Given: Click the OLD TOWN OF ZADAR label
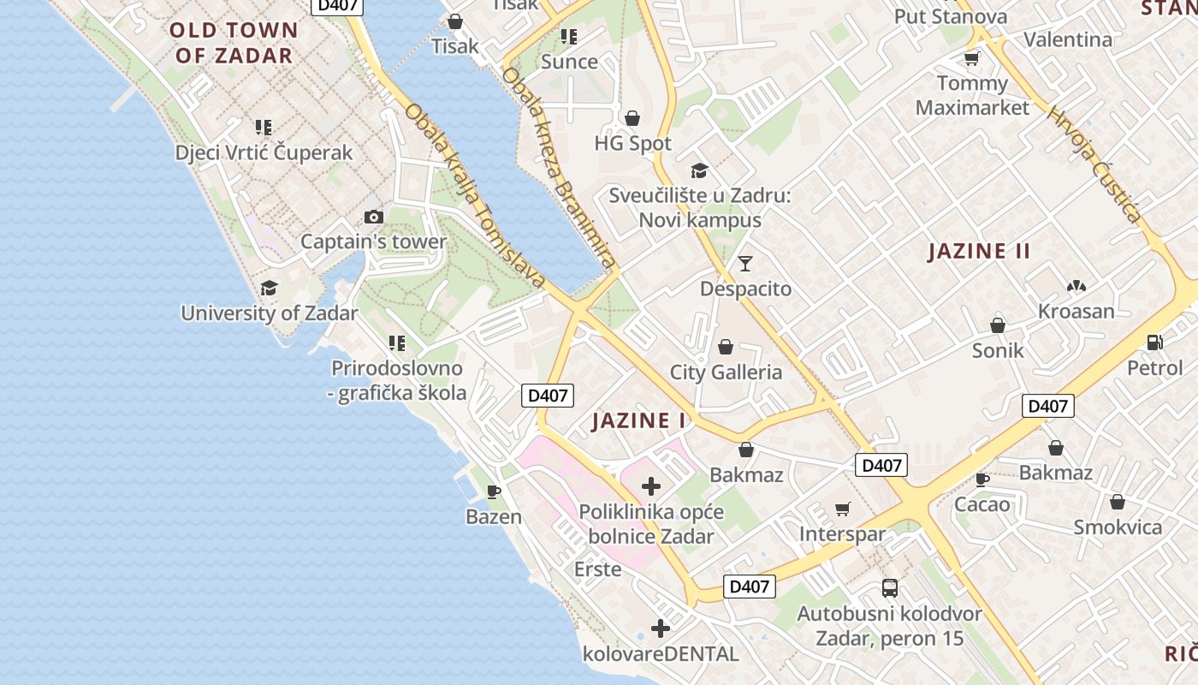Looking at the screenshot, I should click(234, 43).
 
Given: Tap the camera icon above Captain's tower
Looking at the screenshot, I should click(374, 217).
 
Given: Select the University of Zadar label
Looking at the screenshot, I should click(269, 313).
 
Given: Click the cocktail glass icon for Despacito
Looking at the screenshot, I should click(745, 263).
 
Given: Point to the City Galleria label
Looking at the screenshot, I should click(726, 372).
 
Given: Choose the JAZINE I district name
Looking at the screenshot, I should click(638, 420).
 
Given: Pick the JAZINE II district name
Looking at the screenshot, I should click(980, 251).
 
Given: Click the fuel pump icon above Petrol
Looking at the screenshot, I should click(1154, 342).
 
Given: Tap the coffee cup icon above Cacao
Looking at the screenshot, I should click(982, 479).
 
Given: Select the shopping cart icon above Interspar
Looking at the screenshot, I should click(843, 509).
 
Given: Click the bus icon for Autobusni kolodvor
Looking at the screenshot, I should click(890, 588).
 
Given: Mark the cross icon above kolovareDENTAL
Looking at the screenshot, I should click(660, 629).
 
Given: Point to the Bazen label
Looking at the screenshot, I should click(494, 516).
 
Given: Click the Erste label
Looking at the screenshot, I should click(597, 569).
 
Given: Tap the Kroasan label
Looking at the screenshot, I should click(1076, 311).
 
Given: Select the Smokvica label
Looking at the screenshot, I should click(1118, 527).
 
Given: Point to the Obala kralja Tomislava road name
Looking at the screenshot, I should click(475, 195).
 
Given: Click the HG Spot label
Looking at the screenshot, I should click(632, 143).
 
